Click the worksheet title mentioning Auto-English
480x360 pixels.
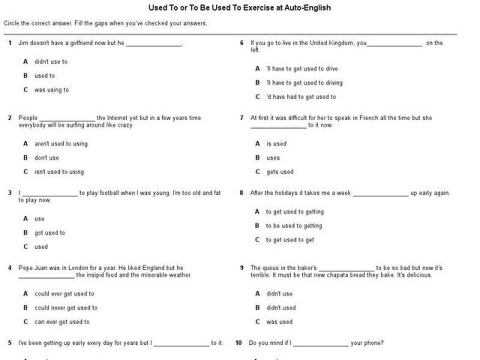point(239,8)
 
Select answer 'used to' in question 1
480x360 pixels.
point(44,76)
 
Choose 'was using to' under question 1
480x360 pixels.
point(51,90)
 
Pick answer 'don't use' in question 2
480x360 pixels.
point(47,158)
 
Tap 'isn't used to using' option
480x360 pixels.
point(59,172)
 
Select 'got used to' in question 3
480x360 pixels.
point(50,233)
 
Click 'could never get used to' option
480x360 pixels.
point(66,308)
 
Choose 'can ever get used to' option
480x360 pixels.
point(62,322)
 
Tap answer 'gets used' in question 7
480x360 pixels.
point(280,172)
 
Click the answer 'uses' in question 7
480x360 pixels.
point(273,158)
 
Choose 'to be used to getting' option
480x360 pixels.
point(294,226)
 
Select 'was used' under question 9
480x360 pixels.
point(279,322)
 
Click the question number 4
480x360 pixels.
point(10,268)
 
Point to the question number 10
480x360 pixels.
point(239,343)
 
